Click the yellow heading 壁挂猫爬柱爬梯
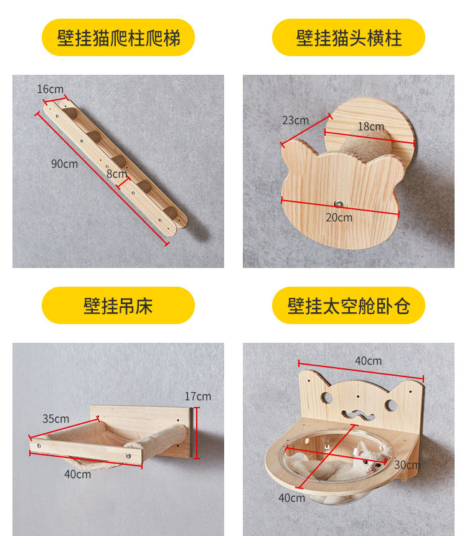click(x=118, y=38)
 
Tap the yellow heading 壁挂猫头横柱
click(x=349, y=38)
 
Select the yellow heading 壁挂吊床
click(x=118, y=306)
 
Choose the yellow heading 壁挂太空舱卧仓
click(x=349, y=306)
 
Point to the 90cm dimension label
click(x=64, y=164)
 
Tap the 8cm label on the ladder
click(x=116, y=174)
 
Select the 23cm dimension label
click(x=295, y=120)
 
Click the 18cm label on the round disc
click(x=370, y=127)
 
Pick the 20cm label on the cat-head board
click(x=339, y=218)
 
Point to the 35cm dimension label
click(x=55, y=419)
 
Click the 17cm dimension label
click(x=198, y=396)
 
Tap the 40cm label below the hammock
click(x=77, y=474)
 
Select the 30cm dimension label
click(x=408, y=465)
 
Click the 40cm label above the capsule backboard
click(x=369, y=361)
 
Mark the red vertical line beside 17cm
click(x=197, y=433)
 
